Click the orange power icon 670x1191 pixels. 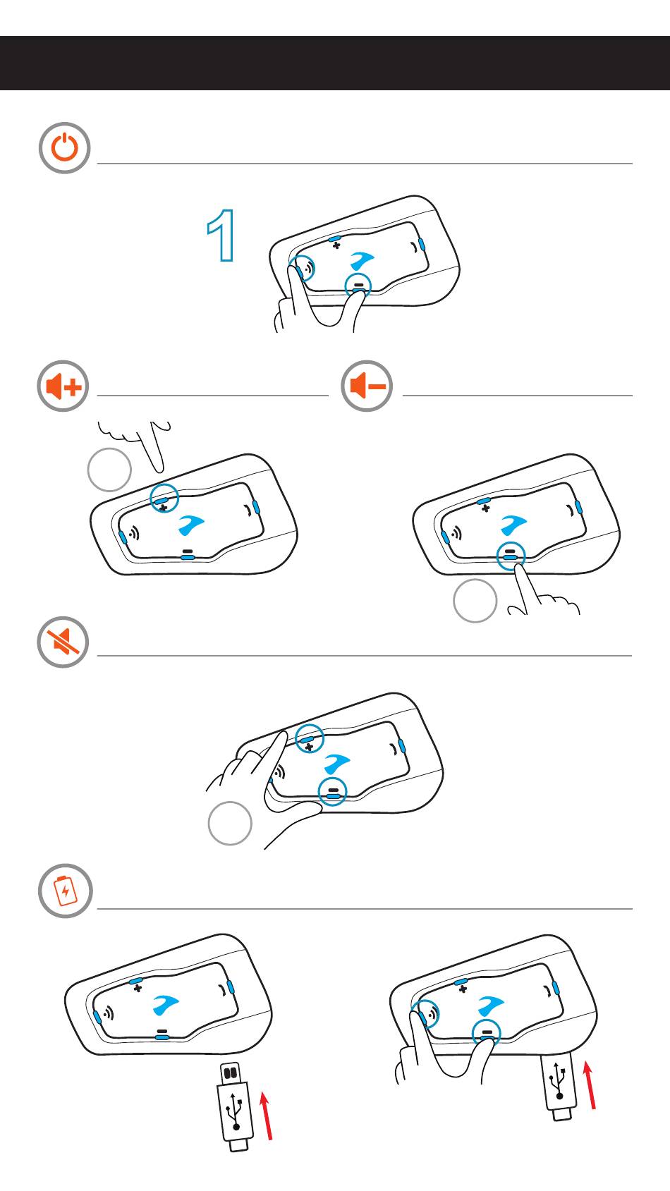64,148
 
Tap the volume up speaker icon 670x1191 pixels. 63,386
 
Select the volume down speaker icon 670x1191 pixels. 366,386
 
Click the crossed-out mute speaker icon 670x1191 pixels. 63,642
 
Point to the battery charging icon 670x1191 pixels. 66,891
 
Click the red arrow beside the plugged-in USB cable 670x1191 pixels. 589,1085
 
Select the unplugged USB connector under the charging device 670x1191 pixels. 234,1106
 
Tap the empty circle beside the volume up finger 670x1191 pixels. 109,470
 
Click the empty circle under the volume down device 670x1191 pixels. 475,601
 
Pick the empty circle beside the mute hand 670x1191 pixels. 230,824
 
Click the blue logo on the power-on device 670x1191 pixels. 362,260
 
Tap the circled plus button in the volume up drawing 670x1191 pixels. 164,499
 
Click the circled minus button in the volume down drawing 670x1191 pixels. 511,556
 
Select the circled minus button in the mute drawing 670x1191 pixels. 332,791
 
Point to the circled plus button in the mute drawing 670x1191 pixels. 310,738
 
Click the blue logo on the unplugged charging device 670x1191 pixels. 165,1004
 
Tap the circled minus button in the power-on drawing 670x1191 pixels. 358,286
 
